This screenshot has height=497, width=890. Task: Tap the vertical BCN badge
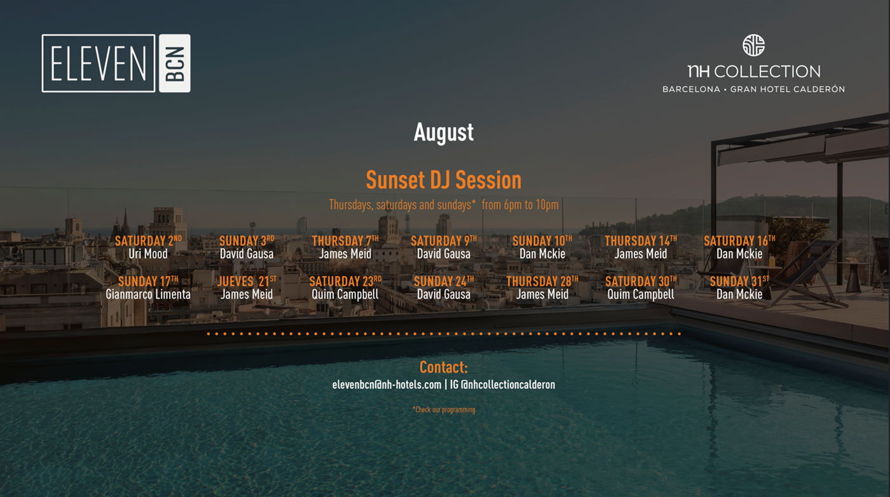(175, 63)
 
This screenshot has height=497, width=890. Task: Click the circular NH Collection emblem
(753, 45)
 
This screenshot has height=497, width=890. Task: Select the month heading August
(444, 132)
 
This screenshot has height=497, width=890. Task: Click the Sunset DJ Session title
(444, 180)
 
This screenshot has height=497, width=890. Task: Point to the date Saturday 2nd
(148, 240)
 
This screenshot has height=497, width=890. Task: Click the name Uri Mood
(148, 254)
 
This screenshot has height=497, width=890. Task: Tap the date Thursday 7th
(345, 240)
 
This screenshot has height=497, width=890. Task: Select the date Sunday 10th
(542, 240)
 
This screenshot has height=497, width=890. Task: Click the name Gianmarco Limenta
(148, 294)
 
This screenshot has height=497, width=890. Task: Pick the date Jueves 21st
(247, 282)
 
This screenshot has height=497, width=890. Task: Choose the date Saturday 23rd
(345, 282)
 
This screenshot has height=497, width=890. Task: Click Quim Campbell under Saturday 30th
(641, 294)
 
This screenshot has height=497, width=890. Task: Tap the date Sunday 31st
(739, 282)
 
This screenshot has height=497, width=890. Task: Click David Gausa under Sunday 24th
(444, 294)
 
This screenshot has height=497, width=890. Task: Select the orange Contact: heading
(444, 367)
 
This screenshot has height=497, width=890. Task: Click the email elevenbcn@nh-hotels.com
(387, 385)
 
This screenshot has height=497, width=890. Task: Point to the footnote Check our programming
(444, 409)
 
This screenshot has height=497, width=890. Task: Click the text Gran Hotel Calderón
(788, 89)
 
